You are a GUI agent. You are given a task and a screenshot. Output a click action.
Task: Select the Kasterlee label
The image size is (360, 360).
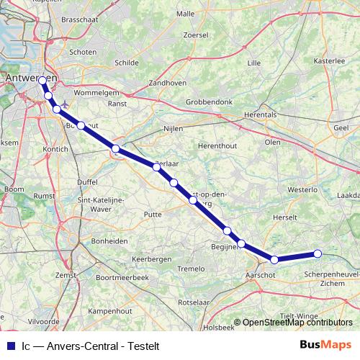pos(330,61)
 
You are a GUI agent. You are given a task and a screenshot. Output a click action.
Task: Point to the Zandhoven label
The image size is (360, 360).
pos(166,83)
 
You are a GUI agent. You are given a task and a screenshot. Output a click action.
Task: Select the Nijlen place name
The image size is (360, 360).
pos(175,128)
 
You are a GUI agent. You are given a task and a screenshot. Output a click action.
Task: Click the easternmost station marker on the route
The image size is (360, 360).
pos(317,253)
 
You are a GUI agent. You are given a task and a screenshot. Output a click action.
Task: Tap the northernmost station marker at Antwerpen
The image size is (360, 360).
pos(42,81)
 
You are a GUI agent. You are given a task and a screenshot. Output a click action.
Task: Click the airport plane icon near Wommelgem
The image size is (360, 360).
pos(66,102)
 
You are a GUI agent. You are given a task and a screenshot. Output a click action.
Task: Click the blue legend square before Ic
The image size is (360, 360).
pos(9,345)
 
